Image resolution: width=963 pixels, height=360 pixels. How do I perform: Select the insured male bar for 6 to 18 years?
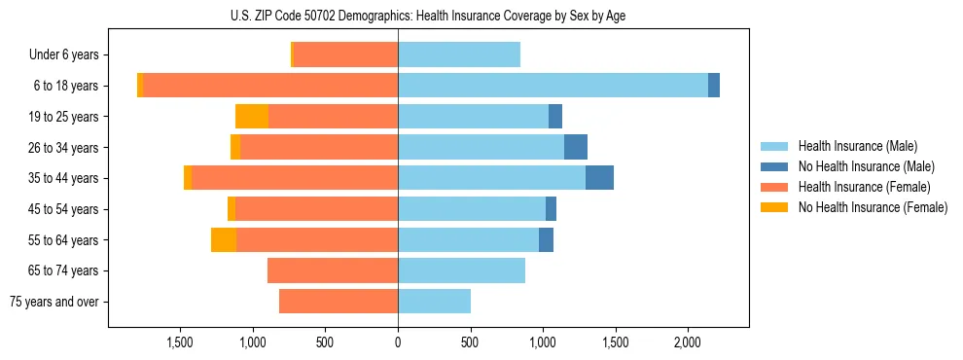coord(553,86)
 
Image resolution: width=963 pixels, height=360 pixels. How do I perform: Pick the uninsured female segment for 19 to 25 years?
coord(252,117)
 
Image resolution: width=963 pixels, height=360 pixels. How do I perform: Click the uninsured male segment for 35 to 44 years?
coord(599,178)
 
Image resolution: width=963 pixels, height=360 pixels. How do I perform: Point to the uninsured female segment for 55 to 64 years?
coord(224,239)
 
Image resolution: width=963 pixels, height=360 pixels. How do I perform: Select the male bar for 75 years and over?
coord(434,302)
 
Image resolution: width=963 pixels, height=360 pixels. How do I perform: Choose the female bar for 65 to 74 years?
coord(333,270)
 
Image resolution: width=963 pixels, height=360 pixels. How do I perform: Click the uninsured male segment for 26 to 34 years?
coord(576,147)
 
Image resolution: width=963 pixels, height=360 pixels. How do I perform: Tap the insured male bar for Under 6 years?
coord(459,54)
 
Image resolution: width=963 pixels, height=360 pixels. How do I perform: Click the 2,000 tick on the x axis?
coord(688,342)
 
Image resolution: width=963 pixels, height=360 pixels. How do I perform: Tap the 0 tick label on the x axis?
coord(398,342)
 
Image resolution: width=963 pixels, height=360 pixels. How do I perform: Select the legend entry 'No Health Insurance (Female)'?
coord(873,207)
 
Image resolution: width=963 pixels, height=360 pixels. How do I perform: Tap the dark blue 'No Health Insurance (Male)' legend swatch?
coord(774,166)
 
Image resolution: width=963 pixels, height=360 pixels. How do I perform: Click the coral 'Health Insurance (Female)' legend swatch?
coord(774,187)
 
